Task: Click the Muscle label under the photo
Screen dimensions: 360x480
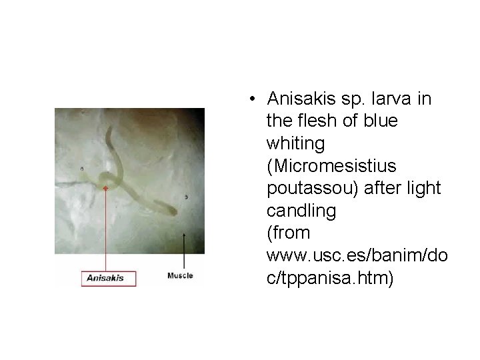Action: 180,275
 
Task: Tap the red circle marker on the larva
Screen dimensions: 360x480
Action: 105,189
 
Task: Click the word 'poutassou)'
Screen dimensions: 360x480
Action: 315,189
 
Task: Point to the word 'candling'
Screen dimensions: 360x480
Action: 301,211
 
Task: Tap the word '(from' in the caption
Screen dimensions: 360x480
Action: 288,233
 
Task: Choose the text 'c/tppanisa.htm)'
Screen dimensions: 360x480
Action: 330,278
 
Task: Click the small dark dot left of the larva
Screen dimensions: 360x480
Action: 82,169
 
